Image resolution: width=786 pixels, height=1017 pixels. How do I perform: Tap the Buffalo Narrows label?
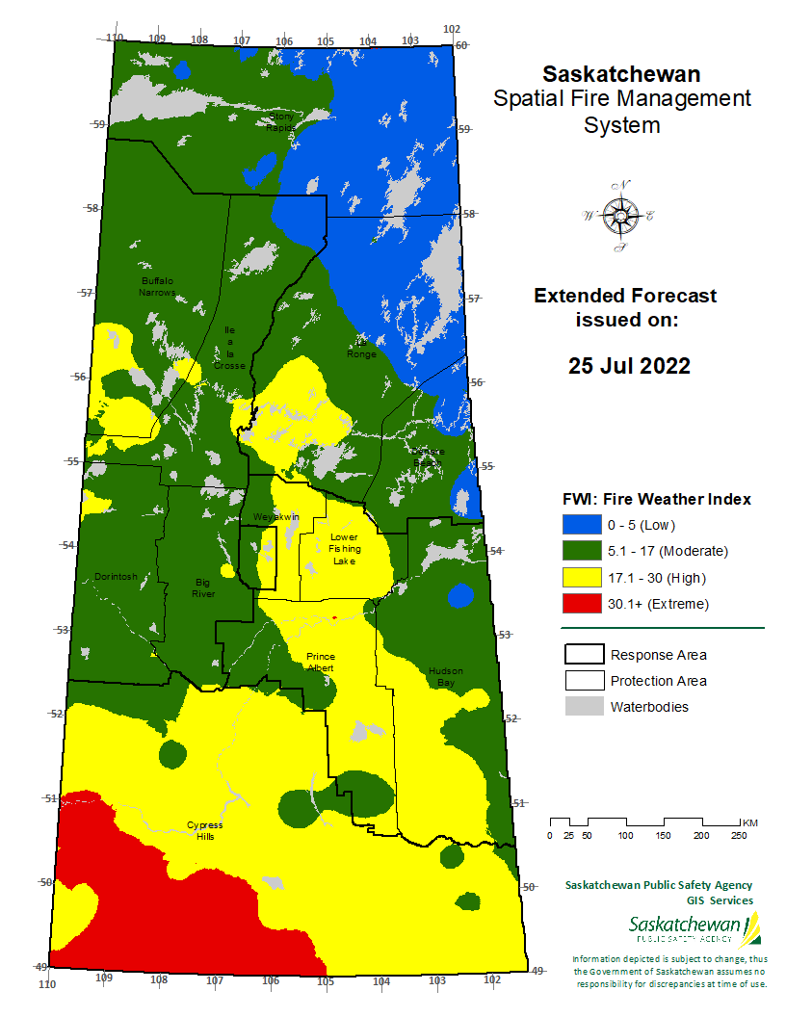155,285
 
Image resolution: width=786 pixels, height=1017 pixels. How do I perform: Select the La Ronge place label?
362,348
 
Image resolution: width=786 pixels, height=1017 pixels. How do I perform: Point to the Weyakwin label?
276,517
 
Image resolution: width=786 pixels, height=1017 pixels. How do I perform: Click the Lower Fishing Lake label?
344,548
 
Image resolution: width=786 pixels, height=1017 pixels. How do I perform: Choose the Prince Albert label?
321,662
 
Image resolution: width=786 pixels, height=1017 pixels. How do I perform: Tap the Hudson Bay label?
446,676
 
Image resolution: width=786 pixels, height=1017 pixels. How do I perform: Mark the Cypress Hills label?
204,830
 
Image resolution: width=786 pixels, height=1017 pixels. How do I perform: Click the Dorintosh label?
116,577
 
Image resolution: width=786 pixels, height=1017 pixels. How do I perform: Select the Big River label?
202,587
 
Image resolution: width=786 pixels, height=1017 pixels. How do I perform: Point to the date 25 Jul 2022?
628,366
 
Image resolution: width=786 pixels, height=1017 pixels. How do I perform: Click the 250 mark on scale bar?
739,835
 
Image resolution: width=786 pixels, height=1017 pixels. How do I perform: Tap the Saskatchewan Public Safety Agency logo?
694,929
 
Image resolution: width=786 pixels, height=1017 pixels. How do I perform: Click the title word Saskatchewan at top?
621,74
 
